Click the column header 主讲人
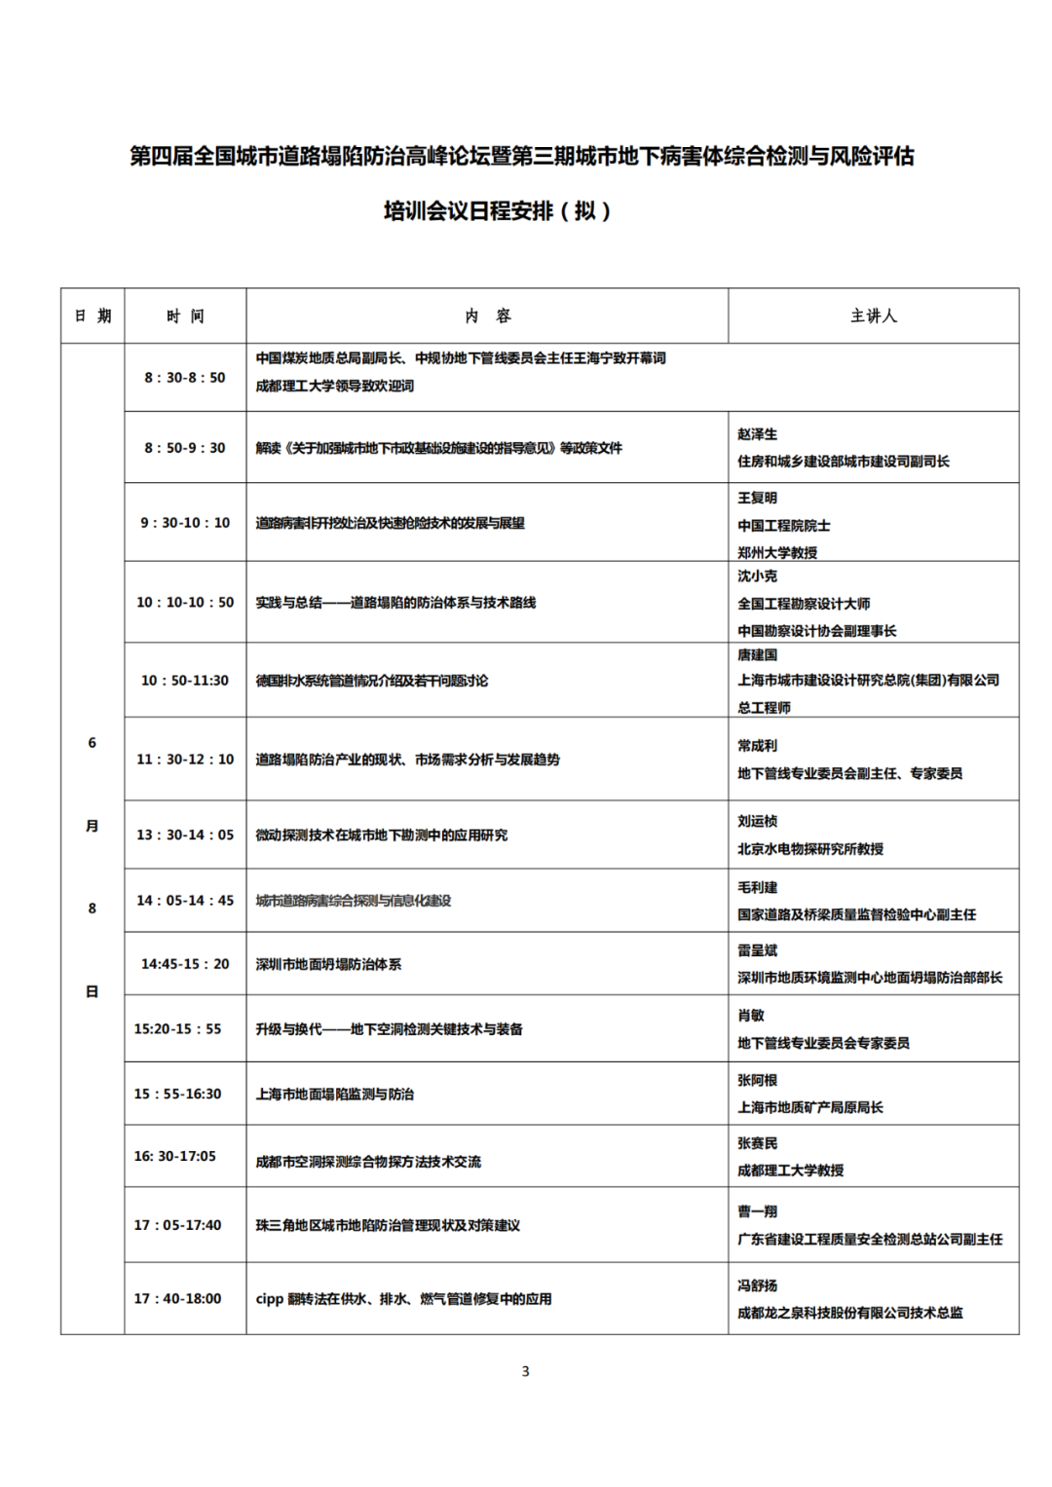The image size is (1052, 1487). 873,316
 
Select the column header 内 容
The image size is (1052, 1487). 487,316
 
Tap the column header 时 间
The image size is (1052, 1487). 185,316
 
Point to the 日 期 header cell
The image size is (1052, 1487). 93,316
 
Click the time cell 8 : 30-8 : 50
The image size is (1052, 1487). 185,377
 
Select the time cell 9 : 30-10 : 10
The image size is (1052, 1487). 185,523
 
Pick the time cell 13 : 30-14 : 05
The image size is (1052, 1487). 185,835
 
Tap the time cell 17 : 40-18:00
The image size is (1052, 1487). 177,1298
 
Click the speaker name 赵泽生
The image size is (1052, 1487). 757,434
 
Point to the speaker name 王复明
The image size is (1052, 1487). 757,498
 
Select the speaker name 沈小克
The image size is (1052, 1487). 757,576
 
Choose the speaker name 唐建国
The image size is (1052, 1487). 757,654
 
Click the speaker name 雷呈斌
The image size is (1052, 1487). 757,950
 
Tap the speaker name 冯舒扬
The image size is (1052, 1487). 757,1285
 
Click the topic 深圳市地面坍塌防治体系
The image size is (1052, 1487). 328,964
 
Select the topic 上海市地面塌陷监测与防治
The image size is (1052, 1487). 334,1094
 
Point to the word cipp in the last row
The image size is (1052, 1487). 269,1299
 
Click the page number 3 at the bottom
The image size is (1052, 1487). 526,1371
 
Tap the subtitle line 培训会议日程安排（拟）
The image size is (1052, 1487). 497,210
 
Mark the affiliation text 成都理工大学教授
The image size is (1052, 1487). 790,1170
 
